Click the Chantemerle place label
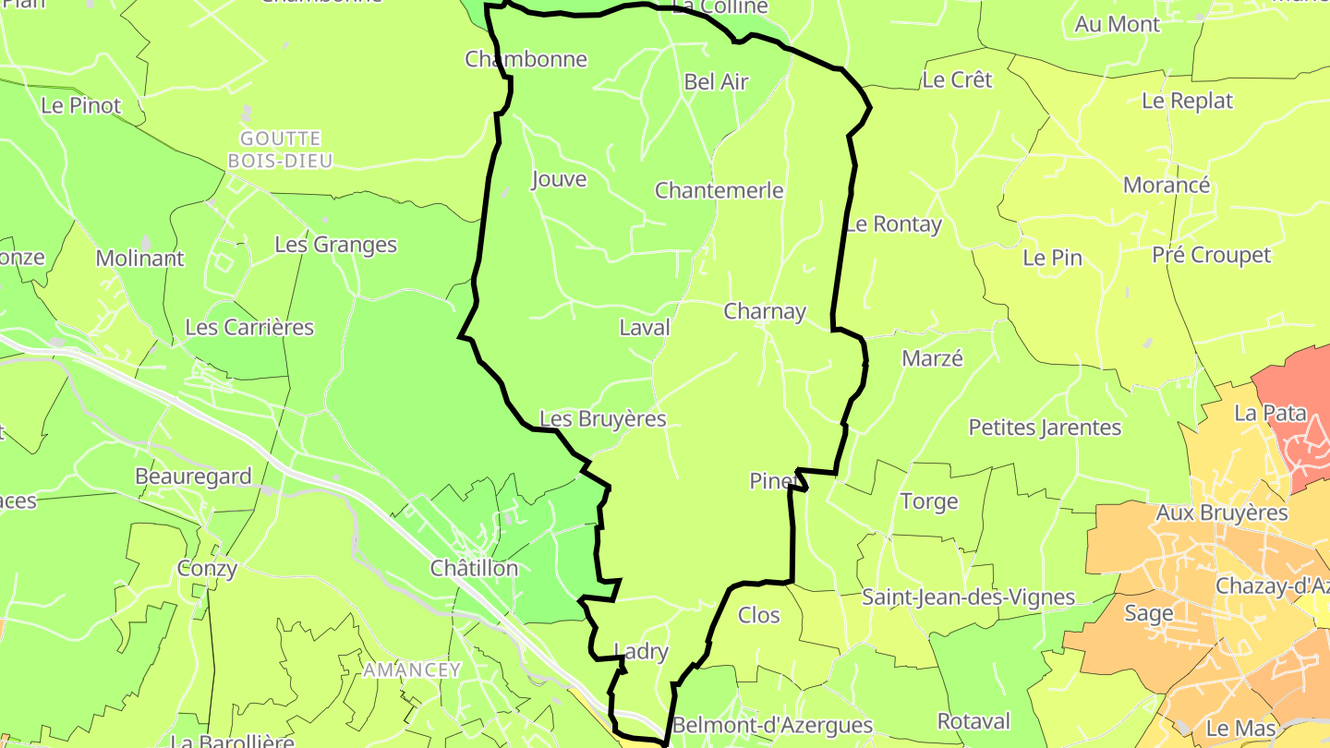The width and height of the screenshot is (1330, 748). point(719,191)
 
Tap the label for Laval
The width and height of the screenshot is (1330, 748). point(644,328)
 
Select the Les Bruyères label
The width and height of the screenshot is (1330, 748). point(602,419)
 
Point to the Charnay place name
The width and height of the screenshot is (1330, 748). point(765,312)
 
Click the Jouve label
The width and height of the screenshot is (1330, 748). point(559,179)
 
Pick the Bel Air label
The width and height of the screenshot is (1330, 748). point(716,82)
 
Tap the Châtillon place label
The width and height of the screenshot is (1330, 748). point(474,569)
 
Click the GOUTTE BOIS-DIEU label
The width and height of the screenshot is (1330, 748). point(281,150)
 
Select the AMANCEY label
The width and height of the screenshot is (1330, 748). point(411,670)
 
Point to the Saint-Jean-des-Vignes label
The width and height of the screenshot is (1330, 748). point(968,597)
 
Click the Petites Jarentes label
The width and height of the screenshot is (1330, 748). point(1045,428)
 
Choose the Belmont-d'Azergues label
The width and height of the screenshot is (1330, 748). point(772,725)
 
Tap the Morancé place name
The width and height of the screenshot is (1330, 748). point(1166,186)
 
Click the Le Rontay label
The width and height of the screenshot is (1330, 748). point(893,224)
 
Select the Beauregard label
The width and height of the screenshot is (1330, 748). point(193,477)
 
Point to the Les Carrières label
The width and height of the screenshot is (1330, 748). point(249,328)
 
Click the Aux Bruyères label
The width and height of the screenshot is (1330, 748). point(1221,513)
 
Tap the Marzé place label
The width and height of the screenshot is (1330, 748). point(932,359)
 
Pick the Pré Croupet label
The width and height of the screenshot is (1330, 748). point(1211,256)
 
